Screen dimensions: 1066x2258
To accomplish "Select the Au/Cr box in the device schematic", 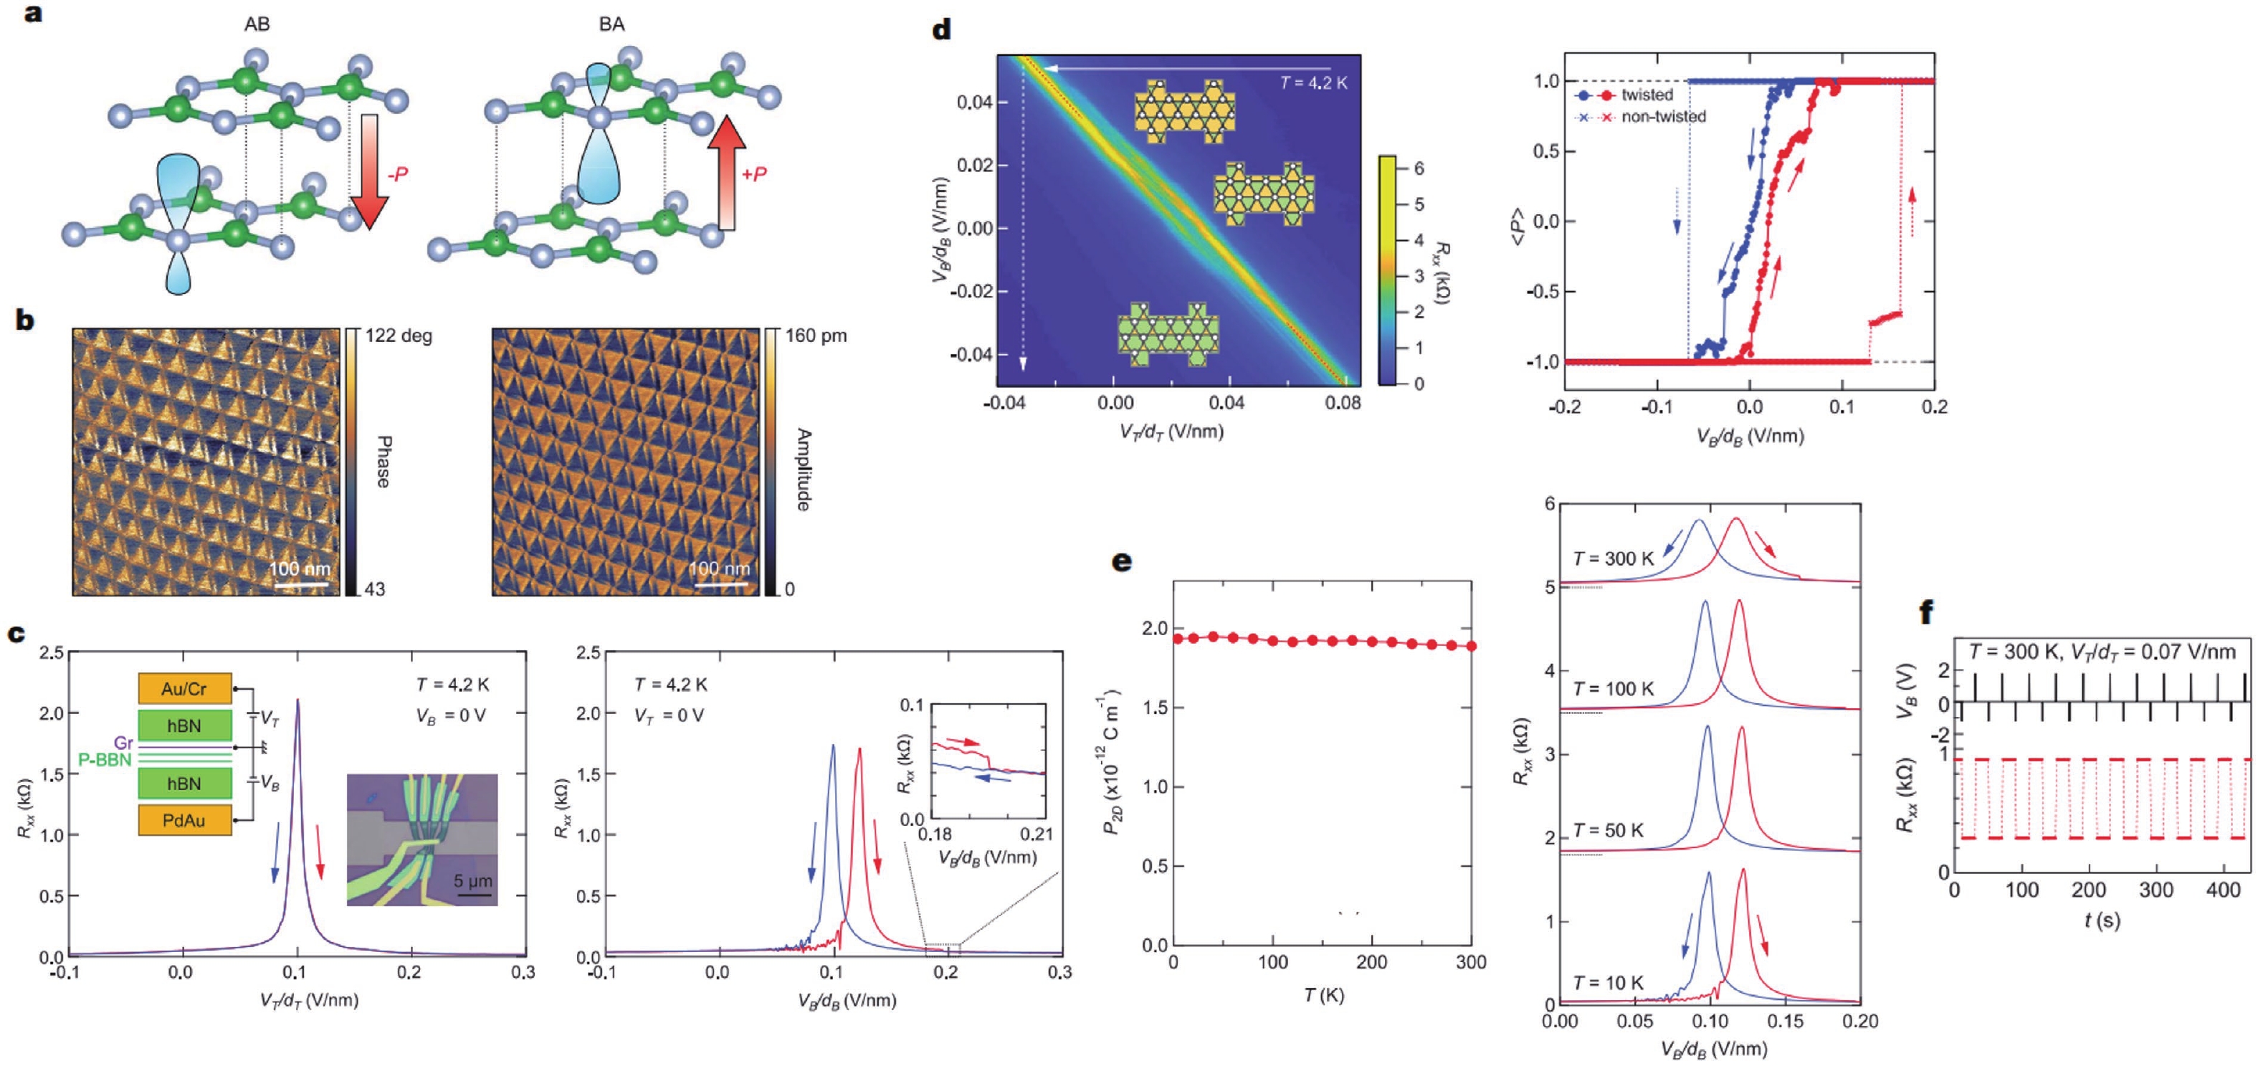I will point(184,689).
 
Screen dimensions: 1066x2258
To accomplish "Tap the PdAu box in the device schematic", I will point(184,821).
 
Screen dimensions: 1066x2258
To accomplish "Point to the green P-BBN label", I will point(105,760).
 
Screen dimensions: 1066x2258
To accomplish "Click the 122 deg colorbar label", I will point(399,335).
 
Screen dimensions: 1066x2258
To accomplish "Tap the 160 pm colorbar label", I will point(816,335).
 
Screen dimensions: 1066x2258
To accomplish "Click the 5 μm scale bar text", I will point(473,880).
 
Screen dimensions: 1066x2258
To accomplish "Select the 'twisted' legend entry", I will point(1647,95).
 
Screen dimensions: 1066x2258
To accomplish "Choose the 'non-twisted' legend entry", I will point(1663,117).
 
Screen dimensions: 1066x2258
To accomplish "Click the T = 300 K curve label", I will point(1613,558).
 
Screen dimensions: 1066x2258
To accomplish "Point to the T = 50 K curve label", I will point(1608,830).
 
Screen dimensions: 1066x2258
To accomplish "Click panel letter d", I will point(941,31).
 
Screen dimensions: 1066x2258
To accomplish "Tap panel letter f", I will point(1927,612).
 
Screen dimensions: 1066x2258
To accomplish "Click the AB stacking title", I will point(257,24).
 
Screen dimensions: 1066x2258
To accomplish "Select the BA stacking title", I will point(612,24).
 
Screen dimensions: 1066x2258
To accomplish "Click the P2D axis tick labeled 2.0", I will point(1154,629).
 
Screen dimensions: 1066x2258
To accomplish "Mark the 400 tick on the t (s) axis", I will point(2223,890).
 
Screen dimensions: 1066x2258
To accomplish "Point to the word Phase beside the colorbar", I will point(383,461).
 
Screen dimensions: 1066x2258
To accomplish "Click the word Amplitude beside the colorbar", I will point(803,469).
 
